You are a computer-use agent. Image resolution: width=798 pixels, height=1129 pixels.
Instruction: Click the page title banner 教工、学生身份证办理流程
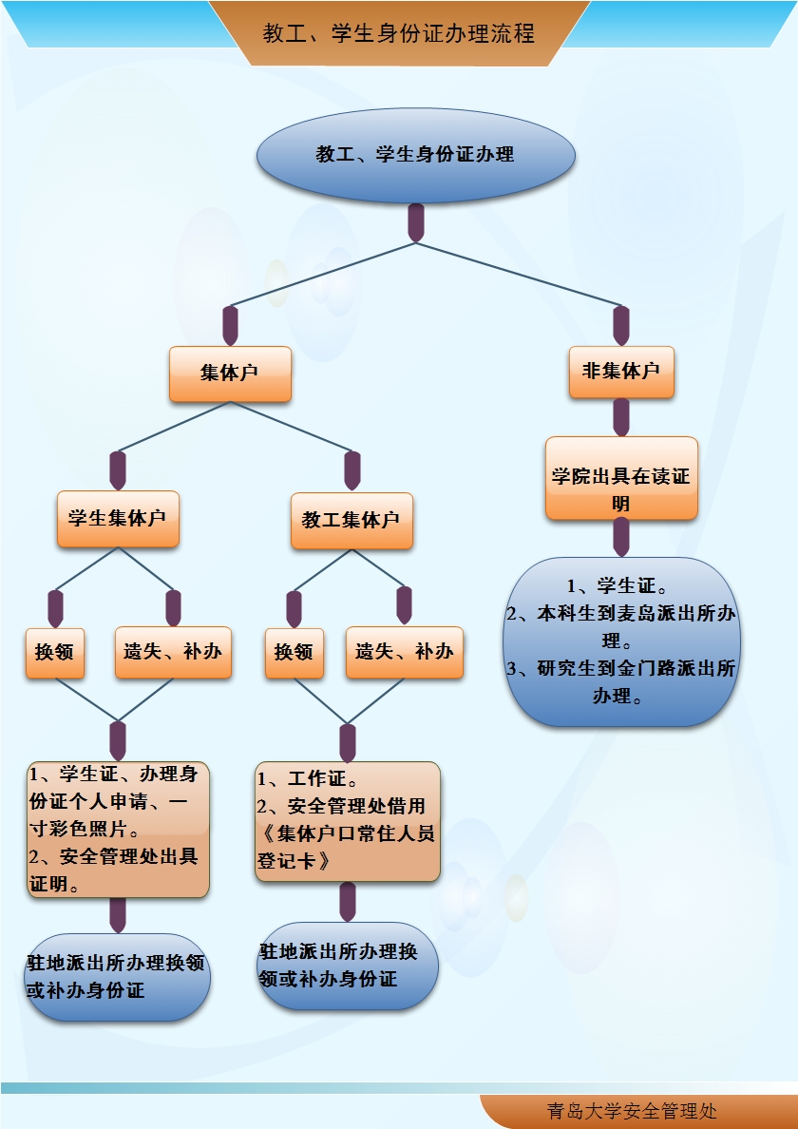click(399, 34)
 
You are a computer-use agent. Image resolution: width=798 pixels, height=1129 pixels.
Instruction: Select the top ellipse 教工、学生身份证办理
click(415, 155)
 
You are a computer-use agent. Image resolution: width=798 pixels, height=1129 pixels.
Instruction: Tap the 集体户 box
click(229, 373)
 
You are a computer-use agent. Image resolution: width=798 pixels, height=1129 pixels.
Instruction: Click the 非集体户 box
click(621, 372)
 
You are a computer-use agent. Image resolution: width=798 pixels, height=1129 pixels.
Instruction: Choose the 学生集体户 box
click(118, 519)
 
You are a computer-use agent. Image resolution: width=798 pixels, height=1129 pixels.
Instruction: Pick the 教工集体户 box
click(351, 520)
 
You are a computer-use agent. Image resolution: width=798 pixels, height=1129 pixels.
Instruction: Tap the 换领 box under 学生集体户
click(55, 652)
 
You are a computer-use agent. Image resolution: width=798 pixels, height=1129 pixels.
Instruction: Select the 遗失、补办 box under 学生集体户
click(173, 652)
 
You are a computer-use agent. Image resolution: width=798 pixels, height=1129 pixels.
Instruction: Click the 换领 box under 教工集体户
click(294, 652)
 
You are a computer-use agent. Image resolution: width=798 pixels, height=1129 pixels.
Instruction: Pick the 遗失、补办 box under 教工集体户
click(405, 652)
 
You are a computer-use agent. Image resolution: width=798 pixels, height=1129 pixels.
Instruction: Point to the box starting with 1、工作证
click(348, 821)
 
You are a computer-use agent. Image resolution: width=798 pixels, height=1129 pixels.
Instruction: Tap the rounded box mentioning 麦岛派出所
click(621, 641)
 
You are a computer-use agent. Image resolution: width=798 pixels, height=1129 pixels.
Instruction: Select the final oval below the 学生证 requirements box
click(117, 977)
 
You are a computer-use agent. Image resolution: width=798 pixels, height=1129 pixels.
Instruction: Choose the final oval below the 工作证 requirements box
click(348, 966)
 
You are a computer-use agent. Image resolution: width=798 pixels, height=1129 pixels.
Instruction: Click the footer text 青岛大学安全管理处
click(632, 1111)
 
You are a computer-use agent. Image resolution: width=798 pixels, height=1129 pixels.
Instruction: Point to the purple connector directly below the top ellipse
click(415, 222)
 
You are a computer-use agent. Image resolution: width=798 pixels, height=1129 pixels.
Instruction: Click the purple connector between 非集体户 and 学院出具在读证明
click(621, 416)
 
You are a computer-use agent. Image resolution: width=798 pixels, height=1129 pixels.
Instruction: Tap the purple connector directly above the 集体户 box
click(230, 325)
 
